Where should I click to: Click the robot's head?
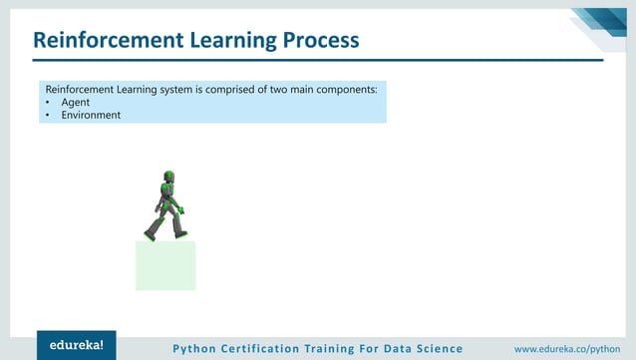168,178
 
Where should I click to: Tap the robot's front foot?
180,233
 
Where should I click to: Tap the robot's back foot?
150,235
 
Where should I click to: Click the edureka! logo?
77,345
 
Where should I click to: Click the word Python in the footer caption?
195,348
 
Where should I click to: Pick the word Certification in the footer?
266,348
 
